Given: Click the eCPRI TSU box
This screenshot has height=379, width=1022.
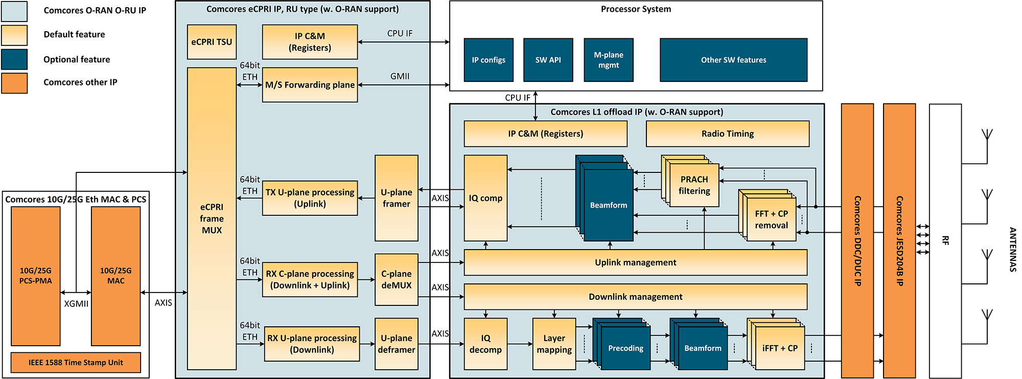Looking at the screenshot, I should [212, 42].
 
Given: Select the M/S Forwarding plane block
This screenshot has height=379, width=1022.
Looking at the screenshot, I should [310, 85].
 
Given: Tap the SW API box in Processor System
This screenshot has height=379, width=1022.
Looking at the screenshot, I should [548, 60].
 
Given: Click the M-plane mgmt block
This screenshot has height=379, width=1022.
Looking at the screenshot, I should [608, 60].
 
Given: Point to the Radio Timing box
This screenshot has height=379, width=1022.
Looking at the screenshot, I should [727, 133].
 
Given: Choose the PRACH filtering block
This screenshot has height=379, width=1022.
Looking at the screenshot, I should [694, 186].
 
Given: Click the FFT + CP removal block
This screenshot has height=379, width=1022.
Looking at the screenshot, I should [771, 219].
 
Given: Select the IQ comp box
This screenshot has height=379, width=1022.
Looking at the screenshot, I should [485, 198].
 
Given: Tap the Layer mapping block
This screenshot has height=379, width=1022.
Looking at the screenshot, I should [554, 344].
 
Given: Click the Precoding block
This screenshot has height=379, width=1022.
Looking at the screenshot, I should [625, 348].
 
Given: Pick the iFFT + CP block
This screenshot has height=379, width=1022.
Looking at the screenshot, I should [779, 348].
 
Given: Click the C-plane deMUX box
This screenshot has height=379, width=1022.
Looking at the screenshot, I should [396, 279].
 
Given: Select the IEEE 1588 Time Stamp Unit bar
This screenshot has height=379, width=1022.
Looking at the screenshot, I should [76, 362].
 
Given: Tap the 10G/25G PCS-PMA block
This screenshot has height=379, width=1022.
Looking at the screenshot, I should [36, 276].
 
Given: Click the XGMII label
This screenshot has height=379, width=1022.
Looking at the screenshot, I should [76, 304].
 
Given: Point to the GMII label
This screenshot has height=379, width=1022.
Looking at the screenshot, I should [400, 76].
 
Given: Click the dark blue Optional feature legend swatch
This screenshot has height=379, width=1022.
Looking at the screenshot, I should [14, 59].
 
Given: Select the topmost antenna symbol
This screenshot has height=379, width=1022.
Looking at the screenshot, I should [987, 136].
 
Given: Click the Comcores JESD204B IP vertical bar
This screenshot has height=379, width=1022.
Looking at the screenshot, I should [899, 240].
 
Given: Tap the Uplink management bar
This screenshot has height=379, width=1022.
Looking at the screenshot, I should [635, 262].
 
